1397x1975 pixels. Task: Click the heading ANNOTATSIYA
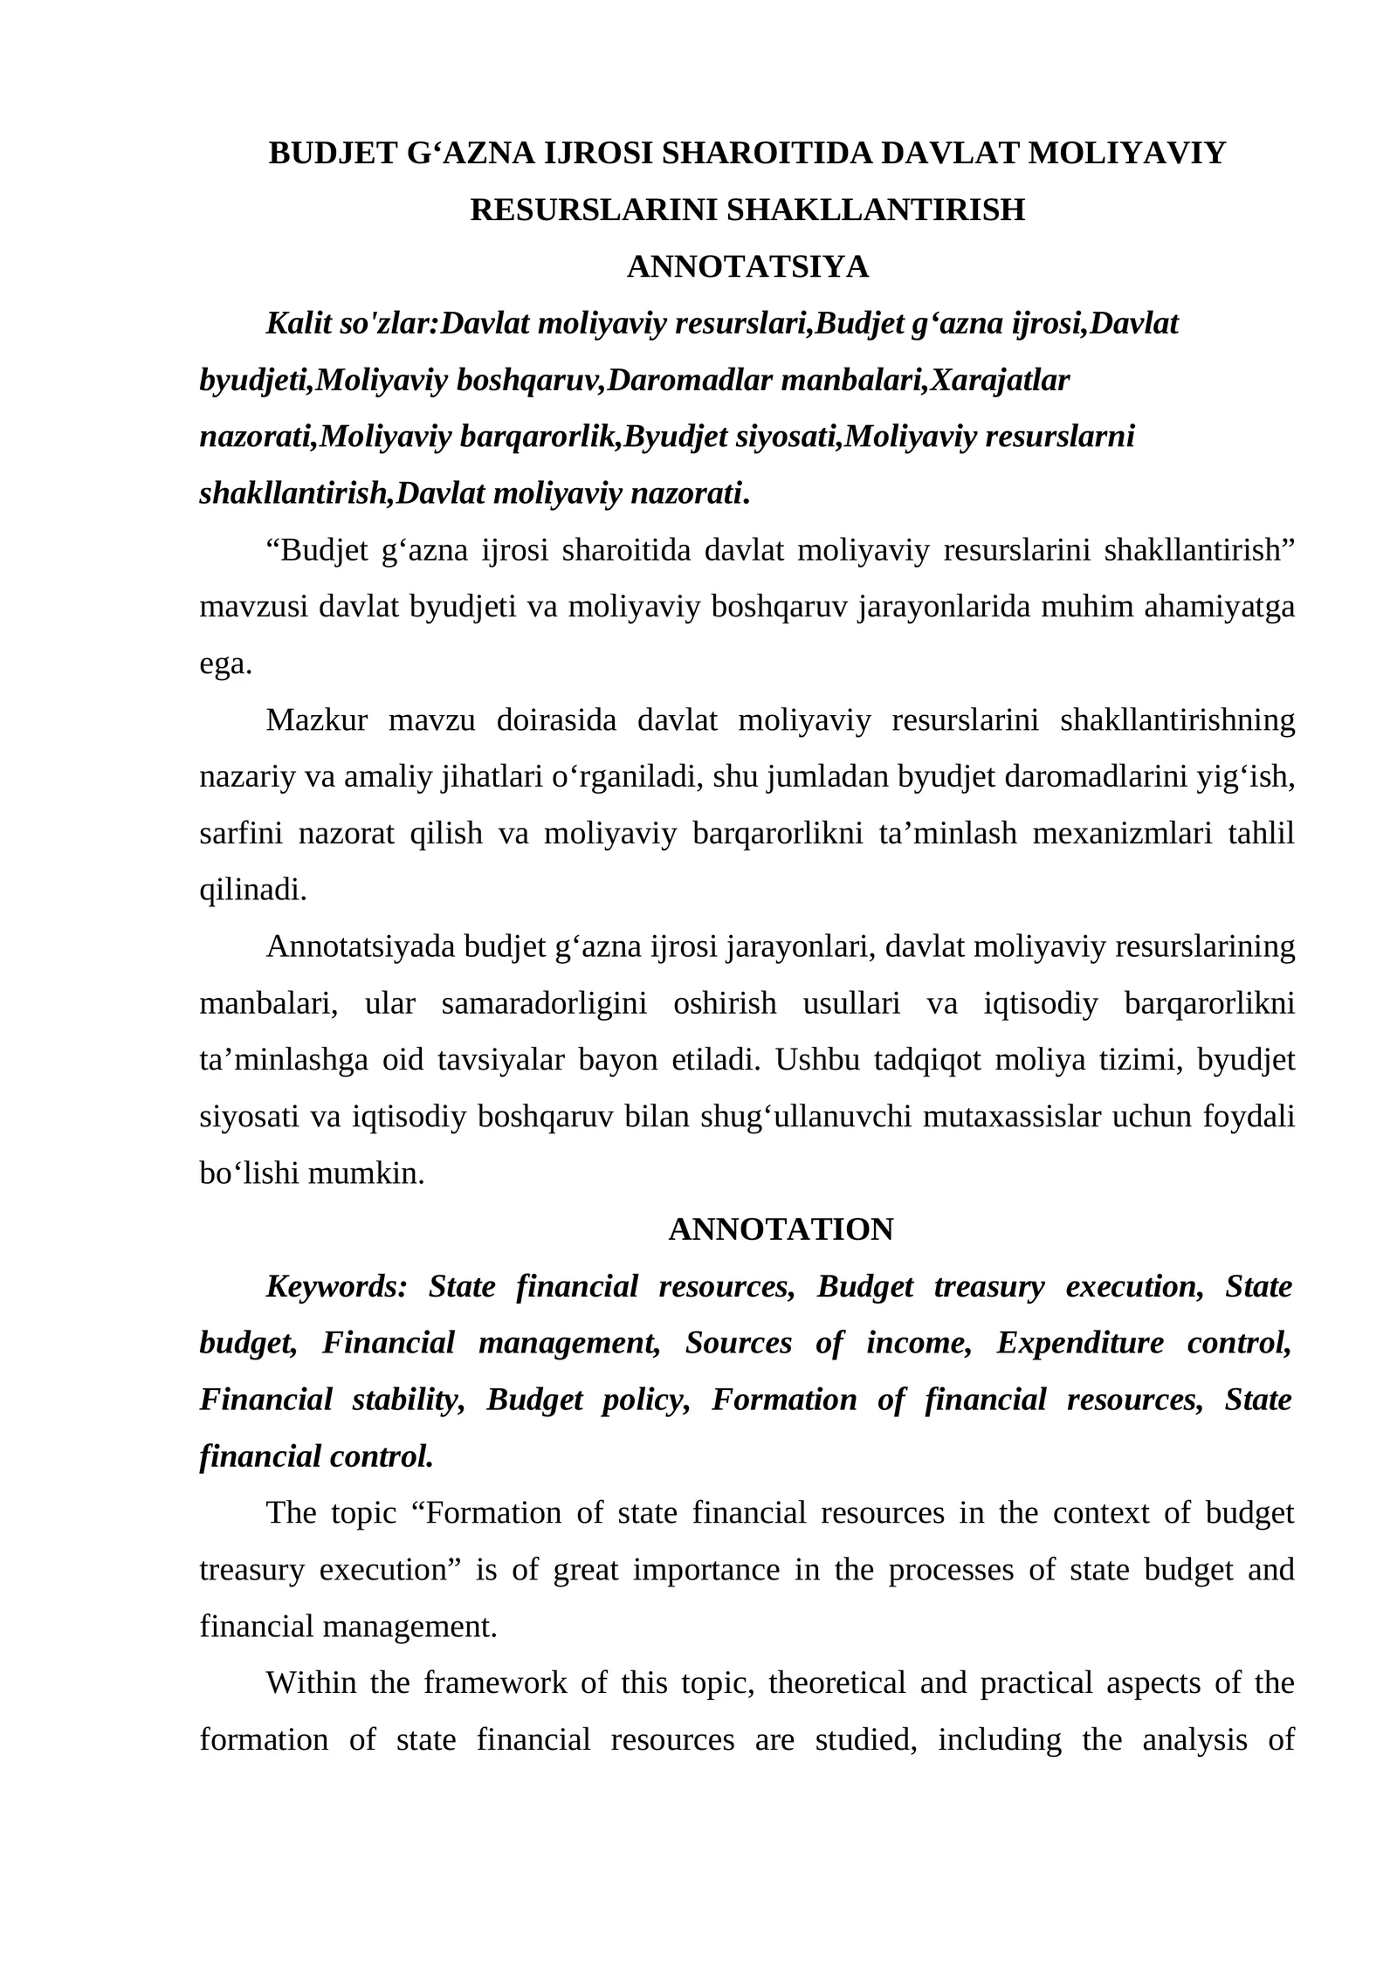[x=747, y=267]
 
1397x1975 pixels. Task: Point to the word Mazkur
[x=316, y=720]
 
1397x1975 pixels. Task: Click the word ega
[x=225, y=664]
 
